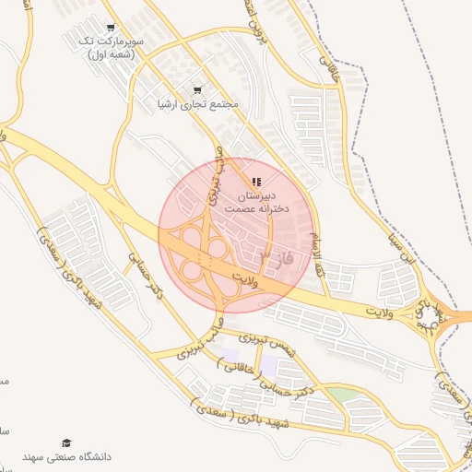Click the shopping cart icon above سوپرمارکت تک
(x=112, y=28)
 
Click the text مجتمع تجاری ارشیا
(x=197, y=105)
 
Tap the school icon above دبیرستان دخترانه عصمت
(x=256, y=181)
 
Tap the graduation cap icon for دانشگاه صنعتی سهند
(x=65, y=443)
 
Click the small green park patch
(x=343, y=395)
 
